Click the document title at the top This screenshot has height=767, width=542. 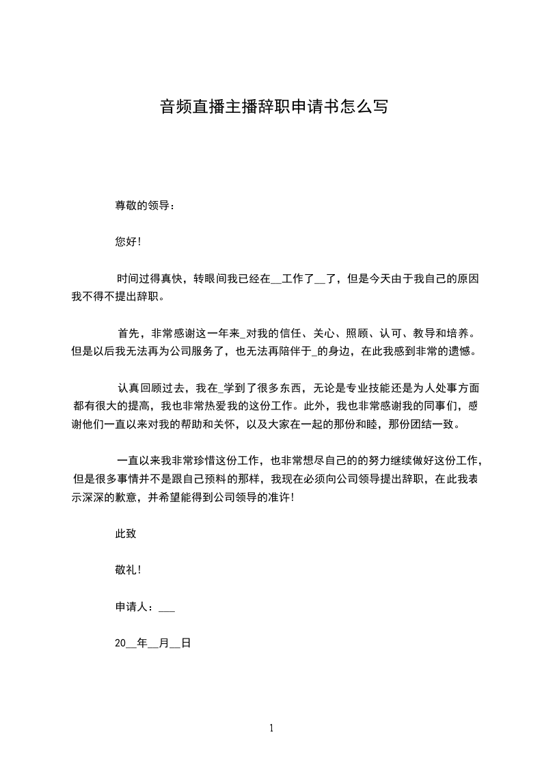point(273,107)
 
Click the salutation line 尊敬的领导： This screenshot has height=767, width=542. point(145,204)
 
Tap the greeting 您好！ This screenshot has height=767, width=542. point(128,241)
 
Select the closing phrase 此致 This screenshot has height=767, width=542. point(126,533)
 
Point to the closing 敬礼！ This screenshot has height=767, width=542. point(128,569)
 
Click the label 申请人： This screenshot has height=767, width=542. point(135,606)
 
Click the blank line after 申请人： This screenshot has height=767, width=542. point(166,607)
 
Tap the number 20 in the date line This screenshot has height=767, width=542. point(120,643)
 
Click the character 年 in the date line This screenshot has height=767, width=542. point(142,643)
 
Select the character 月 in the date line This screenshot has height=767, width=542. point(163,643)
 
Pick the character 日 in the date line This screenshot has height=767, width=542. point(185,643)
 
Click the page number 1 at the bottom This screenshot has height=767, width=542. point(271,729)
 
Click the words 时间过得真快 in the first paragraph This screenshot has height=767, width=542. point(150,279)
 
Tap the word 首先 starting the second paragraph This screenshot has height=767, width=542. point(128,334)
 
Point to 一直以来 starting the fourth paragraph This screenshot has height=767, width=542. point(139,461)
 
